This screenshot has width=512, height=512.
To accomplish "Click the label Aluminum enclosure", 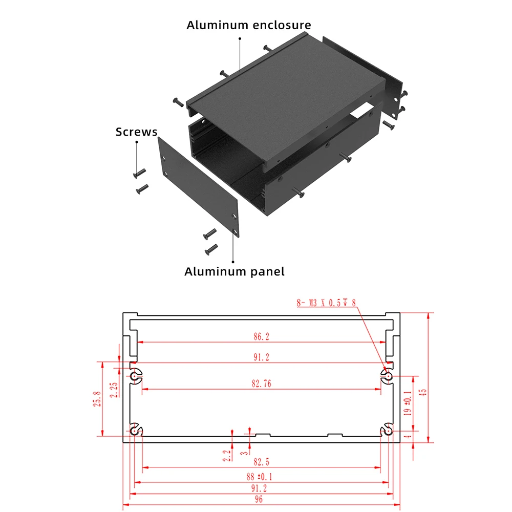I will point(248,25).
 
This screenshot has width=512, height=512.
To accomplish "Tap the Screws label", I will point(136,132).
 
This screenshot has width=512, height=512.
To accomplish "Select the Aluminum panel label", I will point(234,271).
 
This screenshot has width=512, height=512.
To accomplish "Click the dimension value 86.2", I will point(261,336).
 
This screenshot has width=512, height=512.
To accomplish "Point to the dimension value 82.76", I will point(261,383).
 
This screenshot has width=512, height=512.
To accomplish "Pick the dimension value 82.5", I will point(261,462).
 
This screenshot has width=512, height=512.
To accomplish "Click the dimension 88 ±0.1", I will point(261,477).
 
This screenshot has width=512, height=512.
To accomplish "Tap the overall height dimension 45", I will point(422,392).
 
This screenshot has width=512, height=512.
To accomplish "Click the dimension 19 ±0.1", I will point(408,403).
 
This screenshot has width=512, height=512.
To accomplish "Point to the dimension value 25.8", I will point(97,398).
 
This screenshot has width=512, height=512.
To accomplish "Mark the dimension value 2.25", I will point(114,390).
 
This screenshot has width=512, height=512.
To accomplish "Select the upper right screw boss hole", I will point(389,377).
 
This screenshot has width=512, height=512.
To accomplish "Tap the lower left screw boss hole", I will point(134,431).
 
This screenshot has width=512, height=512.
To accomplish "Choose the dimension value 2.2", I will point(226,455).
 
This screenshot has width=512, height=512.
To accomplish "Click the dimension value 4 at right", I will point(408,436).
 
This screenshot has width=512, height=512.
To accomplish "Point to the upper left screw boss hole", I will point(134,377).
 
